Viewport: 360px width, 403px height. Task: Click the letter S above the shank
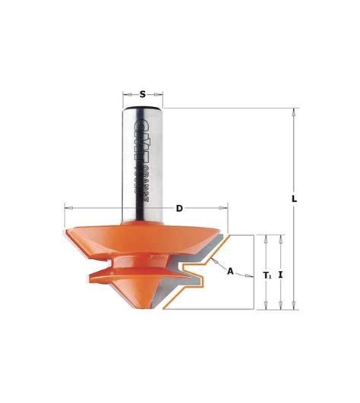pos(142,95)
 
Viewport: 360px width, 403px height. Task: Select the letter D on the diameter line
pos(179,208)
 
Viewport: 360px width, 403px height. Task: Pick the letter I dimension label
pos(281,274)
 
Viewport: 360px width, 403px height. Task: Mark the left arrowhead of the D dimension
pos(68,206)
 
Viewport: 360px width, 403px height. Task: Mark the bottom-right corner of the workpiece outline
pos(252,310)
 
